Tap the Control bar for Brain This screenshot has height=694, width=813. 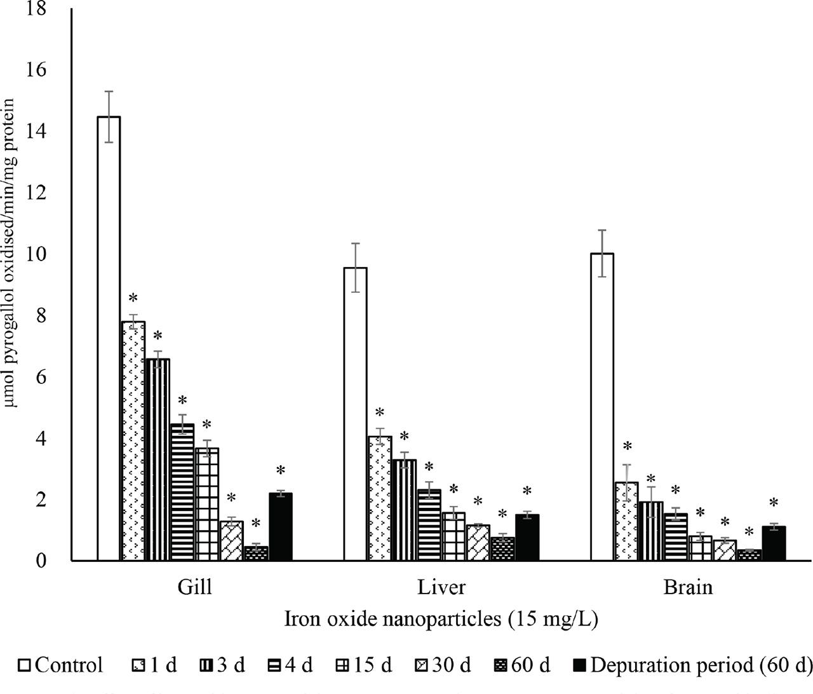point(602,407)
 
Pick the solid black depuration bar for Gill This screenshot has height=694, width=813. point(281,527)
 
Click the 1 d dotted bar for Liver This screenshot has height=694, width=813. point(380,499)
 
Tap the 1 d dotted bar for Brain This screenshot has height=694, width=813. point(627,522)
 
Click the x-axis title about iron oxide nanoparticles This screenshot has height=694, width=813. point(441,619)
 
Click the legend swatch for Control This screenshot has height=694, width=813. point(25,666)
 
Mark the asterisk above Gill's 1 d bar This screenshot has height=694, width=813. point(133,299)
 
